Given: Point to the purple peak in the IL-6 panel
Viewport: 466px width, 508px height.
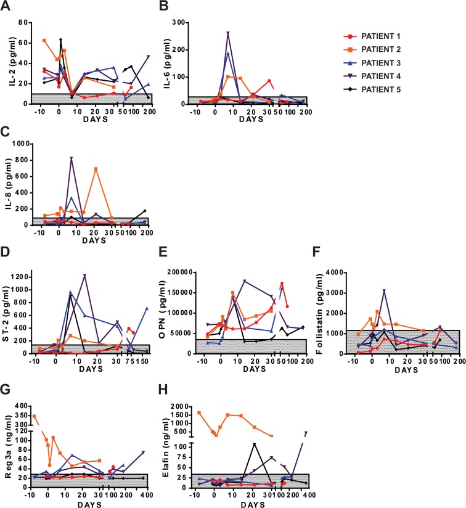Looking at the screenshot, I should coord(228,33).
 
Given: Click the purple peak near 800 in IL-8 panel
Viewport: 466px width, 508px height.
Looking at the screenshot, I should coord(72,158).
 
